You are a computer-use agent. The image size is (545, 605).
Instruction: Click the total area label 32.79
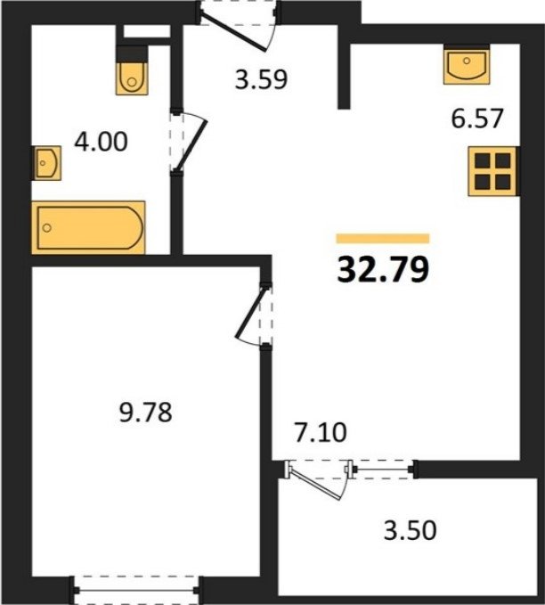[383, 269]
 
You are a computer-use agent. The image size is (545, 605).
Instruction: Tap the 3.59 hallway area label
[262, 79]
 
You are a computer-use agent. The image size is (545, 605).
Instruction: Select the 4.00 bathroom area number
[101, 141]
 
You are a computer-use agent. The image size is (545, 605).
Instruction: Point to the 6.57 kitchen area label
[477, 119]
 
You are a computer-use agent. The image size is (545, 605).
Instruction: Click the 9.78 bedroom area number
[145, 412]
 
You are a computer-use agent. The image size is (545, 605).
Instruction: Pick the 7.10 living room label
[321, 432]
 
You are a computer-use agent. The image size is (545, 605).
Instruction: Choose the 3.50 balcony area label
[411, 530]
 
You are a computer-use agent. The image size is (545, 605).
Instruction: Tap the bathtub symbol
[88, 227]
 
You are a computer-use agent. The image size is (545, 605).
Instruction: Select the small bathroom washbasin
[46, 162]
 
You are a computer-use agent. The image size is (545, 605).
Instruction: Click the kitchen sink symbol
[467, 66]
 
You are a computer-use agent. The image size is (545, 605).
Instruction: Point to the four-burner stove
[492, 171]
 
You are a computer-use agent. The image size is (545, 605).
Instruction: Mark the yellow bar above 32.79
[383, 239]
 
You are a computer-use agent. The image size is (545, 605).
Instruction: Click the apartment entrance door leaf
[233, 33]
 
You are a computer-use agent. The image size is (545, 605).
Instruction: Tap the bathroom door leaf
[191, 145]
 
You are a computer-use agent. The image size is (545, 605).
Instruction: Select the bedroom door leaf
[251, 313]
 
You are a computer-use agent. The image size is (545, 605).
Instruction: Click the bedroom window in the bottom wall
[137, 590]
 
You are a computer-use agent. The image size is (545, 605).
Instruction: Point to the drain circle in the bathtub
[47, 227]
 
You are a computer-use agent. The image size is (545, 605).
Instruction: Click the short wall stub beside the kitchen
[344, 76]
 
